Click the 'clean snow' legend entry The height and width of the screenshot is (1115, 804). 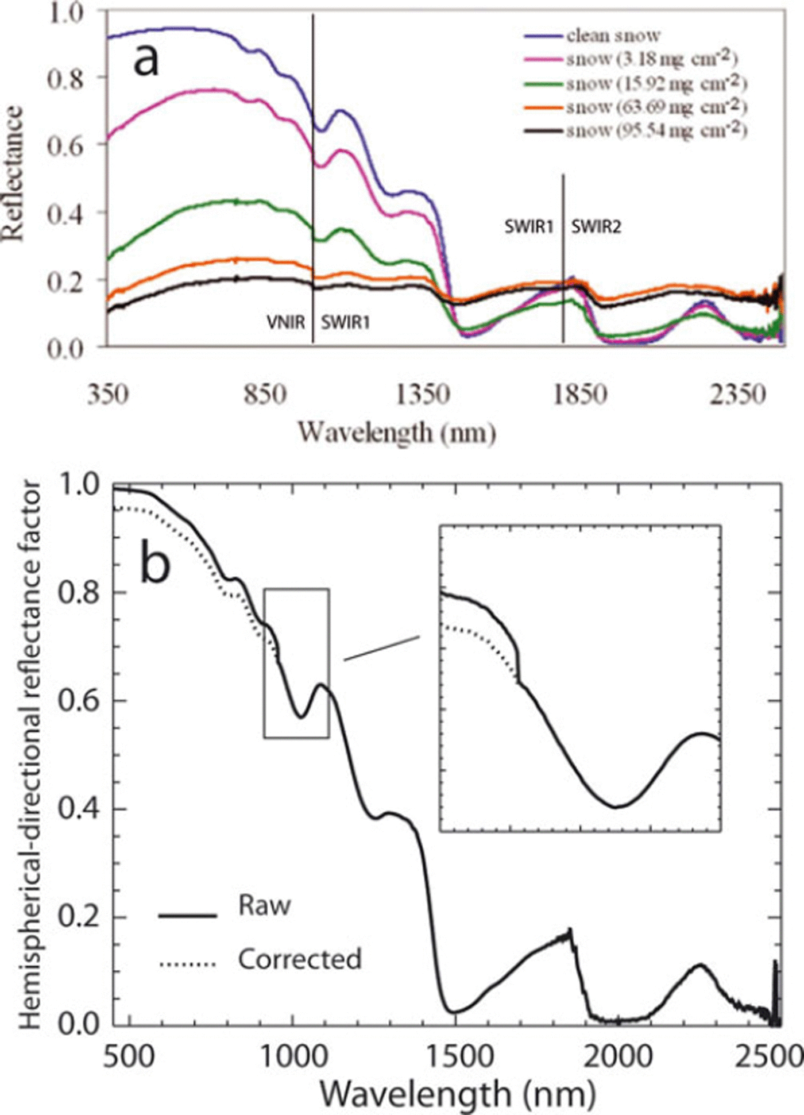point(613,36)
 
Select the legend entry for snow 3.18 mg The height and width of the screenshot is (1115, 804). point(651,59)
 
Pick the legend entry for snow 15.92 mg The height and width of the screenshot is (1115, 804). point(655,84)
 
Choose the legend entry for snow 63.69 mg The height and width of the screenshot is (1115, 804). point(655,107)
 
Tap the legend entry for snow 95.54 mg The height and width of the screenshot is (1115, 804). point(655,131)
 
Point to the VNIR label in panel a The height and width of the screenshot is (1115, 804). point(285,323)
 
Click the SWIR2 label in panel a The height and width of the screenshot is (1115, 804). point(596,227)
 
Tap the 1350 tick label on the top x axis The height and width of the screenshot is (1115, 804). point(423,395)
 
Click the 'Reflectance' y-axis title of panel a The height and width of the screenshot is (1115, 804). point(14,172)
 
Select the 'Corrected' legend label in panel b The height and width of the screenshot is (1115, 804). point(300,959)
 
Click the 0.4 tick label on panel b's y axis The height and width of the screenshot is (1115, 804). point(80,809)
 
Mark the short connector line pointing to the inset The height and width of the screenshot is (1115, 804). point(382,648)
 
